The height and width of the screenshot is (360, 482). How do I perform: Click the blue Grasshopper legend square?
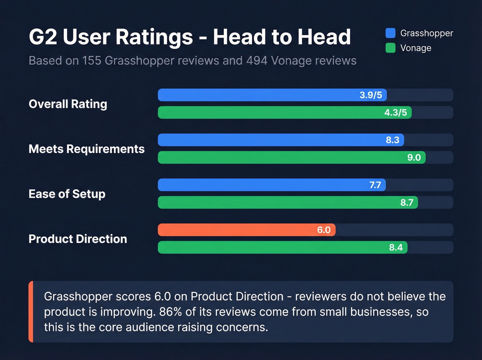tap(390, 33)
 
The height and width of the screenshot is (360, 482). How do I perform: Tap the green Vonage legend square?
tap(390, 48)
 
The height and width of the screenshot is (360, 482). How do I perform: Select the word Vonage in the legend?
tap(416, 48)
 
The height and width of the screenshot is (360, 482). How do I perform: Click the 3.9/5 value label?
tap(370, 95)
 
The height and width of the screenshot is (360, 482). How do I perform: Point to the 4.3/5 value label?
tap(395, 113)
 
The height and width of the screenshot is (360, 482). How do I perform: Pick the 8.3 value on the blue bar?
tap(392, 140)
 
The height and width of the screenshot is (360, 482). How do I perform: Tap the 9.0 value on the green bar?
tap(414, 157)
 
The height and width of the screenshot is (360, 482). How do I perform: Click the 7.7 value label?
tap(375, 185)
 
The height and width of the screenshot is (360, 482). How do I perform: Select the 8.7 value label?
tap(407, 203)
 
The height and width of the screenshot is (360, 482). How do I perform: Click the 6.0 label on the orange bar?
tap(324, 230)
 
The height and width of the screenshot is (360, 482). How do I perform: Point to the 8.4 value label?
tap(396, 247)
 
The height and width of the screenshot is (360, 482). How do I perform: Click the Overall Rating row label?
tap(68, 104)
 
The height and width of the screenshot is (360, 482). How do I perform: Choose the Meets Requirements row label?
tap(86, 149)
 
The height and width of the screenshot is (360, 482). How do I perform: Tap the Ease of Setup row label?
tap(67, 194)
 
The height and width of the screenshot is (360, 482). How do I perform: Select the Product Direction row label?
tap(78, 239)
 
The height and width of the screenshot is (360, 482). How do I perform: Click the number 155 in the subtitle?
tap(92, 61)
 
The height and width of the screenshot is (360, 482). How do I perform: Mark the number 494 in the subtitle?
tap(256, 61)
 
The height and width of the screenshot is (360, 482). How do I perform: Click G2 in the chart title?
tap(43, 37)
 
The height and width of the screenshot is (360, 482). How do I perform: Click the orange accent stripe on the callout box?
tap(31, 312)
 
